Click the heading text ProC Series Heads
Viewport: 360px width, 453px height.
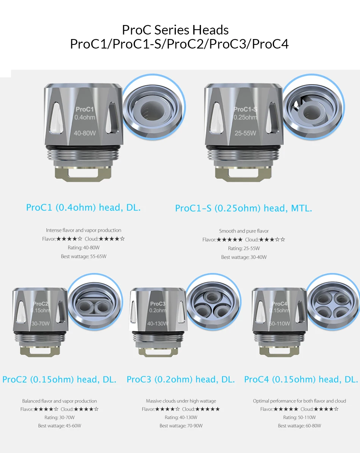[x=175, y=30]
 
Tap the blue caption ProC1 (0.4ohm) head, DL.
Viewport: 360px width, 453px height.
[x=83, y=207]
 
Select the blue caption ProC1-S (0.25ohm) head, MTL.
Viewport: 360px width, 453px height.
[x=244, y=208]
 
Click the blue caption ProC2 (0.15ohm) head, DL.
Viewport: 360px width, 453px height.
[x=59, y=379]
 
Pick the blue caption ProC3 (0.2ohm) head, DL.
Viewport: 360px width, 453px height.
[x=181, y=379]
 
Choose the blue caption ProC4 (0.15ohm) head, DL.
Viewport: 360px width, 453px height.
[x=301, y=379]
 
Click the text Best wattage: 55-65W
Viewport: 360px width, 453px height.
[x=84, y=256]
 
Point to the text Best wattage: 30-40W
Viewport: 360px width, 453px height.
[x=244, y=257]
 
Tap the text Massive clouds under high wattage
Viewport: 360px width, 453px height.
[x=181, y=401]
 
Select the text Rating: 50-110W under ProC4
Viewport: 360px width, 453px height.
[x=299, y=417]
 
